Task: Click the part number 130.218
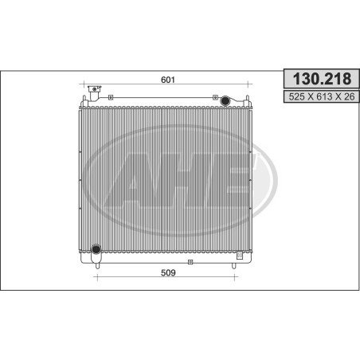coord(322,79)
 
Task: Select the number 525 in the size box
coord(296,96)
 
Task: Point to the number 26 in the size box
coord(350,96)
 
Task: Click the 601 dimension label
coord(168,80)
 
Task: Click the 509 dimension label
coord(168,272)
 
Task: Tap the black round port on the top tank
coord(225,100)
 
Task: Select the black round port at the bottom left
coord(96,249)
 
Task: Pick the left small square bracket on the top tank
coord(111,97)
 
